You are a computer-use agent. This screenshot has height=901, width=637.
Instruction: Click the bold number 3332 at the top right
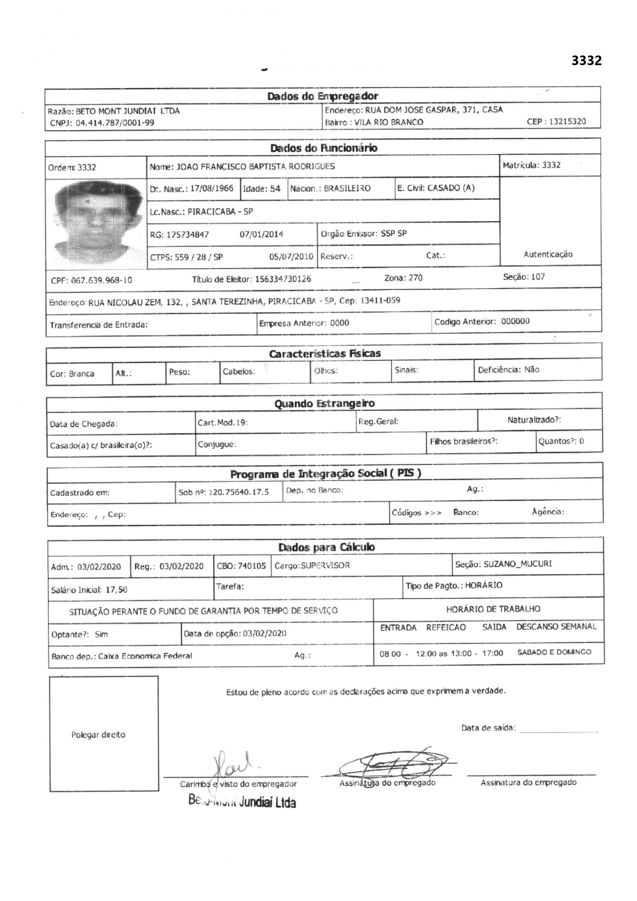[x=587, y=61]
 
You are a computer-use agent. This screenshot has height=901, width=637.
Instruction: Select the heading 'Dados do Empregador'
[x=322, y=96]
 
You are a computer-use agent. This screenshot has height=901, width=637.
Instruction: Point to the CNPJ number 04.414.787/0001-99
[x=114, y=123]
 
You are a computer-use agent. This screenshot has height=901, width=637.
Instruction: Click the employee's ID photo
[x=97, y=223]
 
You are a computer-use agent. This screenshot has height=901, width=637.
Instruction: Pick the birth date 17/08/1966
[x=212, y=189]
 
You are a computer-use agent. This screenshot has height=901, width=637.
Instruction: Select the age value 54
[x=275, y=189]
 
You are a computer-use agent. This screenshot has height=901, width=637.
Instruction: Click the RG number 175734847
[x=188, y=235]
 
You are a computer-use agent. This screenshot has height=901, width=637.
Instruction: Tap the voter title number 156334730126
[x=283, y=279]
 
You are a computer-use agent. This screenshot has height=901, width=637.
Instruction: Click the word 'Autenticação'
[x=548, y=254]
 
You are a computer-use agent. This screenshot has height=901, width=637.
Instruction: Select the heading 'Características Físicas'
[x=324, y=353]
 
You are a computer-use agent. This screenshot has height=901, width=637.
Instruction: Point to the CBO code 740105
[x=252, y=566]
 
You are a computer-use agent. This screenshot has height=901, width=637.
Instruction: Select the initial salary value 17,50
[x=116, y=589]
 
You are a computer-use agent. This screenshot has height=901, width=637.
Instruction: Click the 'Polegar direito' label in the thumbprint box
[x=98, y=735]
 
